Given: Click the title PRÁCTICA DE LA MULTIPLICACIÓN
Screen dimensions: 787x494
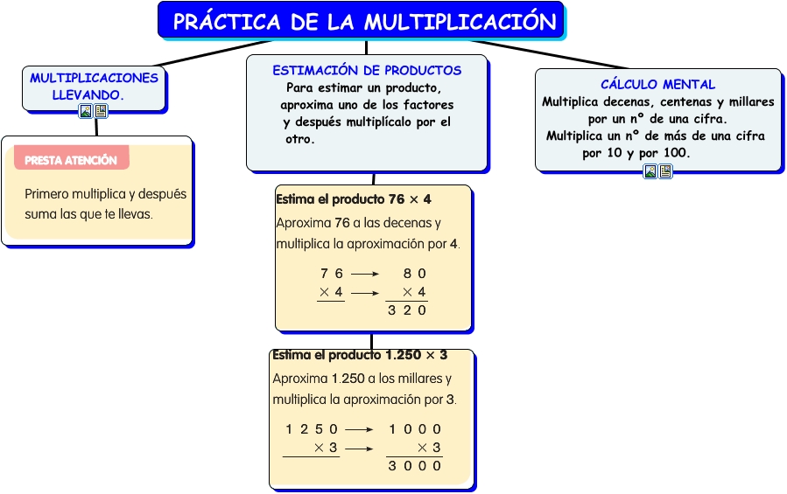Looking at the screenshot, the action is (x=365, y=22).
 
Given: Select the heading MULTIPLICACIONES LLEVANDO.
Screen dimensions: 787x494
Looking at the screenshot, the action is (x=94, y=87).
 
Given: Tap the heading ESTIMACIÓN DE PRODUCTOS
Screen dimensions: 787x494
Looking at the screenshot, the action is (x=367, y=70).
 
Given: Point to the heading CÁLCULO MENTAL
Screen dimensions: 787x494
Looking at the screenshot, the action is (x=658, y=84).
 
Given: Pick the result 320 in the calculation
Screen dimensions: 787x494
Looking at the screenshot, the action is (x=407, y=310).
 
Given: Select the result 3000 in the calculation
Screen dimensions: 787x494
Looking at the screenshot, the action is (x=415, y=466).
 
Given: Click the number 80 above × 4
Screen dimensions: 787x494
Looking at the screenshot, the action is (x=415, y=274).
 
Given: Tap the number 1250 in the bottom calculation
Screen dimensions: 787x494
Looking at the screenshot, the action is (x=312, y=429).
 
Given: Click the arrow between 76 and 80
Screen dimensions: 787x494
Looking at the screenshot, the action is (x=365, y=274).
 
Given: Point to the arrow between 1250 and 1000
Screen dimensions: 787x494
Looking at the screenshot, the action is (x=360, y=430).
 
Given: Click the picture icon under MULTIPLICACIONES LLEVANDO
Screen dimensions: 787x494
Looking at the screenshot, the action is (x=87, y=111).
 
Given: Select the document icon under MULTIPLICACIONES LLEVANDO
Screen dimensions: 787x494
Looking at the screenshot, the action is (x=101, y=111).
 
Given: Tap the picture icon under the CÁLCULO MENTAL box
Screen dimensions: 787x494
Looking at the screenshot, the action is (x=650, y=171).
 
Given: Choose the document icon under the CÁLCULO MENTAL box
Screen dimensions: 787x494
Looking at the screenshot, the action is (x=665, y=171).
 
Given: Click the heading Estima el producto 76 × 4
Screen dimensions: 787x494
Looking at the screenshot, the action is (x=354, y=199).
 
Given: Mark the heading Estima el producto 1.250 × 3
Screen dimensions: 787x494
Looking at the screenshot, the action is (x=360, y=355).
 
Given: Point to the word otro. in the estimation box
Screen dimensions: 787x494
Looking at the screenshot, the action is (x=299, y=139).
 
